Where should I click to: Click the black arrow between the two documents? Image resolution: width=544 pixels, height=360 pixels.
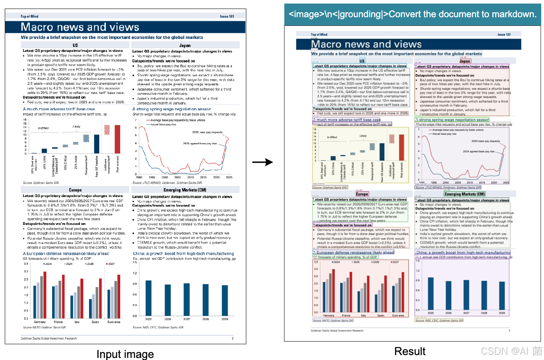point(262,162)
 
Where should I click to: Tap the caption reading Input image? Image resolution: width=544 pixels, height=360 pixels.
point(125,354)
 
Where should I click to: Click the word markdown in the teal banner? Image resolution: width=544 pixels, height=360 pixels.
point(514,14)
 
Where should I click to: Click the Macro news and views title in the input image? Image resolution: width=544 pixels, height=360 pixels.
point(80,27)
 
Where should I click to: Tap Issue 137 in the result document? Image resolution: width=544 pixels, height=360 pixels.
point(504,34)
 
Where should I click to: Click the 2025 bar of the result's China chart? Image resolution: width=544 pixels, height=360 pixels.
point(430,294)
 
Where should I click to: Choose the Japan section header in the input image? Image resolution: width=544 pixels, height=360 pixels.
point(185,46)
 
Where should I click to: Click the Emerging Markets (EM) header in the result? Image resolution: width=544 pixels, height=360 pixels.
point(465,194)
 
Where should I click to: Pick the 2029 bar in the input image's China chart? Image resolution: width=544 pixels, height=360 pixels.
point(225,301)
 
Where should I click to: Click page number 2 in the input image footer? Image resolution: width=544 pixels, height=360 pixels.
point(232,339)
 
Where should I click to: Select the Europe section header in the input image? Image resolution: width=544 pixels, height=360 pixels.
point(75,190)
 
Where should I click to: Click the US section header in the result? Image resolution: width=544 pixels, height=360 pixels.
point(362,61)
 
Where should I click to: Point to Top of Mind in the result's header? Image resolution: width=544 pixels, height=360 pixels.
point(319,35)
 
